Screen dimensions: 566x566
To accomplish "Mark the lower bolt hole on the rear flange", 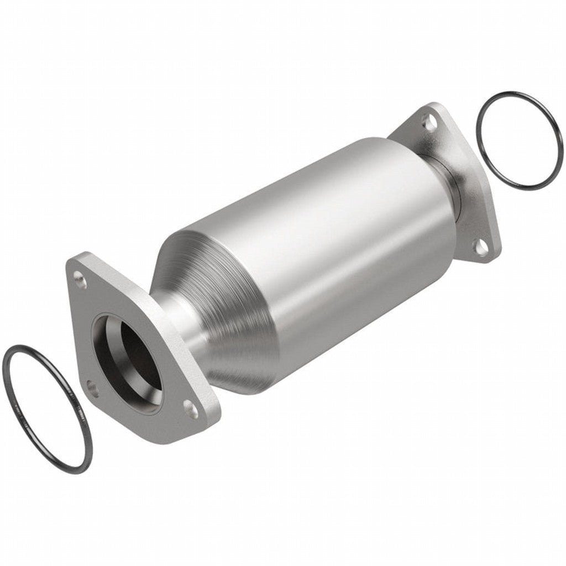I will click(x=482, y=246).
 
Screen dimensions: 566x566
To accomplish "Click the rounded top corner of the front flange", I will click(x=75, y=263).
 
